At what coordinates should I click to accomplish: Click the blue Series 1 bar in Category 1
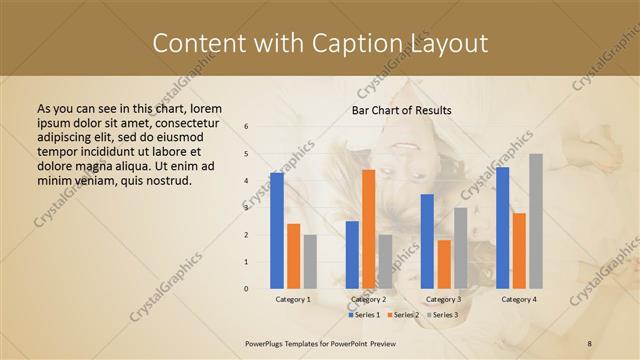point(277,231)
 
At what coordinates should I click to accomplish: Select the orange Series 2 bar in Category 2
point(368,229)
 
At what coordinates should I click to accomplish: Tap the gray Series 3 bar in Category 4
point(536,221)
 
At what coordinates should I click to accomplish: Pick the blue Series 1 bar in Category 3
point(427,241)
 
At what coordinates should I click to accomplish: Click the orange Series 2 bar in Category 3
point(443,264)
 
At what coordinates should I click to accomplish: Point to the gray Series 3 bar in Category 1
point(310,262)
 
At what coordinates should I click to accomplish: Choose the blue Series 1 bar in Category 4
point(502,228)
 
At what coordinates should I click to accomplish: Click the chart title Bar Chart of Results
point(401,110)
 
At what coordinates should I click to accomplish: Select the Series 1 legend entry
point(364,315)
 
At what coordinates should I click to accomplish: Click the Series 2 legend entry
point(405,315)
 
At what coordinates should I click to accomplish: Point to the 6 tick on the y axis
point(246,127)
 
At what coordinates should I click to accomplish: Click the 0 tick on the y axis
point(246,289)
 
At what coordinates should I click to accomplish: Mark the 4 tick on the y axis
point(246,181)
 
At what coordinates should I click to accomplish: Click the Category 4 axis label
point(518,299)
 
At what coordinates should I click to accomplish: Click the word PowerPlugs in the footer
point(268,342)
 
